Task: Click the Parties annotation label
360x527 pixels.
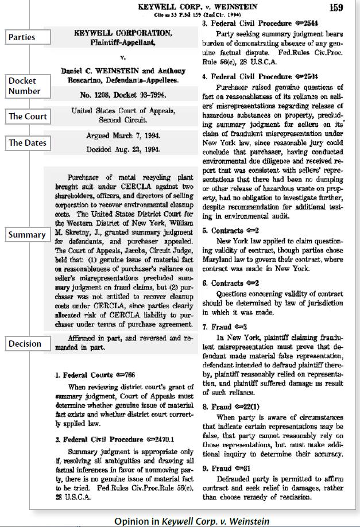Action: point(22,37)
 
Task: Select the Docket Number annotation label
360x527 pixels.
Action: point(25,86)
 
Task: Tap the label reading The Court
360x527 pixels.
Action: point(28,117)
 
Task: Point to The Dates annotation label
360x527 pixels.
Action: point(28,143)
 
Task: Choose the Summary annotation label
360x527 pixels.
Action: point(26,235)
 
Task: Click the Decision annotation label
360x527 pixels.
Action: point(25,344)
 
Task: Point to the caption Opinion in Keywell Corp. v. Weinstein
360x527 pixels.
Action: point(191,521)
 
